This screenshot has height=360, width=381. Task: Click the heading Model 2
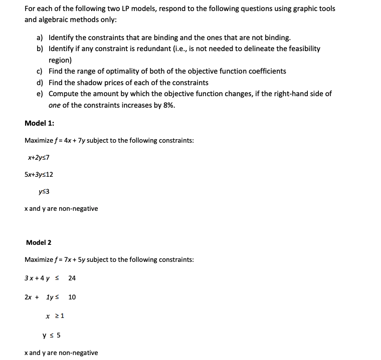pyautogui.click(x=39, y=243)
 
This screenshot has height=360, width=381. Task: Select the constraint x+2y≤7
pyautogui.click(x=39, y=158)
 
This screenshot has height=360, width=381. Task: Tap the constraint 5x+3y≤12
pyautogui.click(x=39, y=175)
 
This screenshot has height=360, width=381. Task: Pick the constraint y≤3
pyautogui.click(x=44, y=191)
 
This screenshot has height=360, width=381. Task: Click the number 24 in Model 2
pyautogui.click(x=72, y=278)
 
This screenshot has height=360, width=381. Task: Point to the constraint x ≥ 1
pyautogui.click(x=54, y=316)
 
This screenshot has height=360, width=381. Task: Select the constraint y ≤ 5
pyautogui.click(x=52, y=335)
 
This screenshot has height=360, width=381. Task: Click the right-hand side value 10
pyautogui.click(x=72, y=297)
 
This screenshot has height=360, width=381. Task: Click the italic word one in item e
pyautogui.click(x=55, y=105)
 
